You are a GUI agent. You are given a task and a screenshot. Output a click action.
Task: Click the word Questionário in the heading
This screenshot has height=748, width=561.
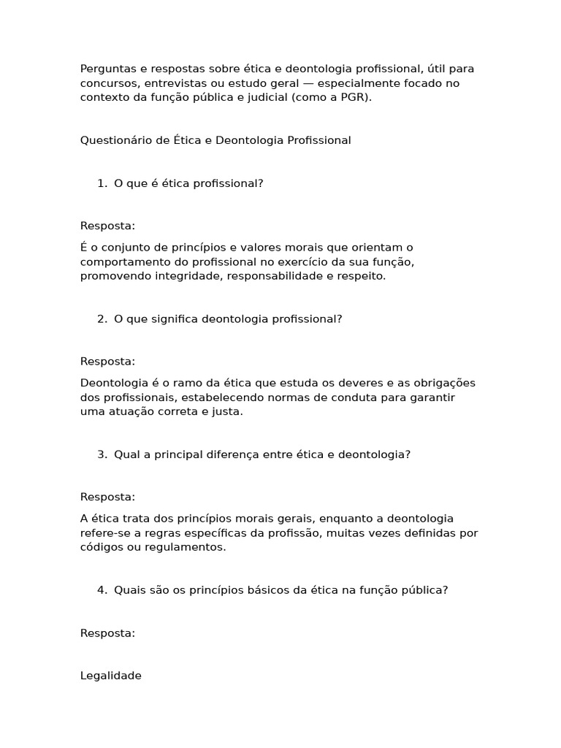pyautogui.click(x=116, y=140)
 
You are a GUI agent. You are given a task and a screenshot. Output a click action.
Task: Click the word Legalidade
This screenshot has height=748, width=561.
pyautogui.click(x=110, y=676)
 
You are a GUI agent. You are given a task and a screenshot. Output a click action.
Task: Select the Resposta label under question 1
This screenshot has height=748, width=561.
pyautogui.click(x=107, y=226)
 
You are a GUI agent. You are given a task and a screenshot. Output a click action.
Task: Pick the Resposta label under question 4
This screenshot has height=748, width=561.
pyautogui.click(x=107, y=633)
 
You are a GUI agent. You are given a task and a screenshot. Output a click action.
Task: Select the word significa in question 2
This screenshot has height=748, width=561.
pyautogui.click(x=173, y=319)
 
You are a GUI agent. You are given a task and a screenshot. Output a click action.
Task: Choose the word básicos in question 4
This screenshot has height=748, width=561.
pyautogui.click(x=267, y=590)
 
